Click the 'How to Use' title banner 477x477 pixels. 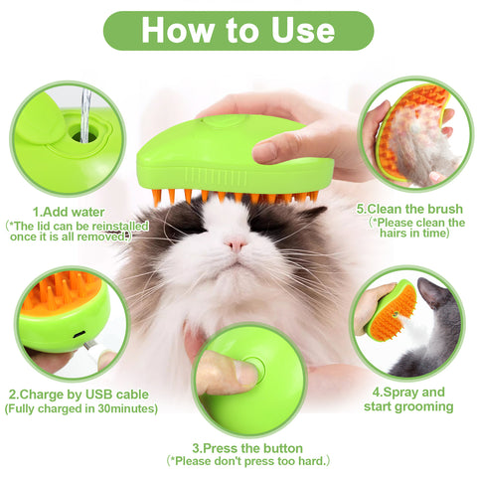click(x=238, y=30)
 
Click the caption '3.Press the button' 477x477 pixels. click(x=248, y=447)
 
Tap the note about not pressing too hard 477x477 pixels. click(x=248, y=462)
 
